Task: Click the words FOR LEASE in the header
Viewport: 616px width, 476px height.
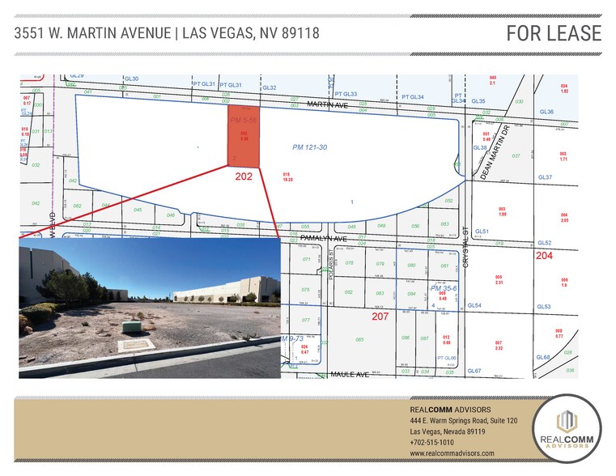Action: point(554,33)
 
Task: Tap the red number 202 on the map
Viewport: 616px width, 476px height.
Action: point(244,176)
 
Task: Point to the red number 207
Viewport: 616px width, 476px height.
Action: point(380,316)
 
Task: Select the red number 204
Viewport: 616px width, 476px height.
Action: point(544,255)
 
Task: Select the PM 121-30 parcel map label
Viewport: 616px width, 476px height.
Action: point(308,147)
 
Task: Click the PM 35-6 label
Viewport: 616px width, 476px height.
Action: point(444,288)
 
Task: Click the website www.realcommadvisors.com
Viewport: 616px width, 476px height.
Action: point(452,453)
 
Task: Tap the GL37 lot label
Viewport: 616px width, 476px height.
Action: point(544,177)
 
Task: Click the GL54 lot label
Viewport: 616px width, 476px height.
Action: point(474,306)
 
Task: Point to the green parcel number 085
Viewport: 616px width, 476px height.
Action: point(359,338)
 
